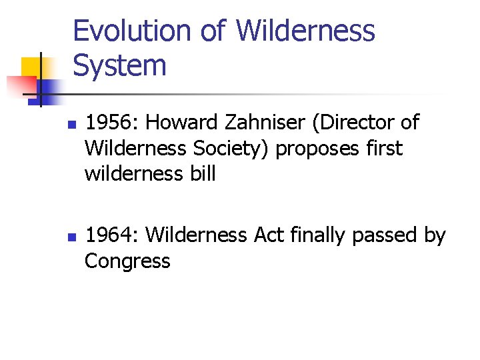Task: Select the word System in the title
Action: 119,66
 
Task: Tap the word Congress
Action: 127,261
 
